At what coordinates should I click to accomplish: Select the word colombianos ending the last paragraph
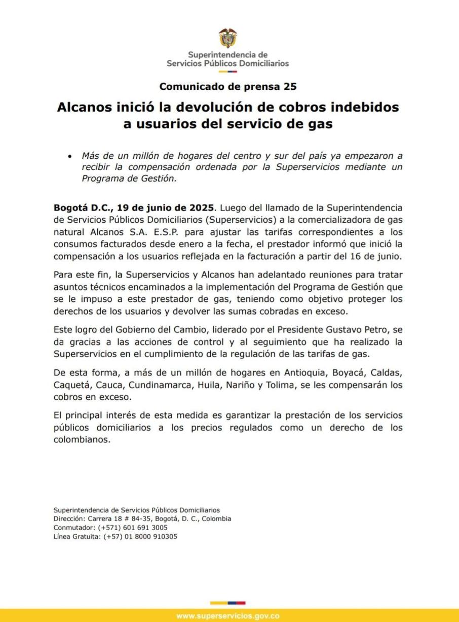(x=81, y=440)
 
